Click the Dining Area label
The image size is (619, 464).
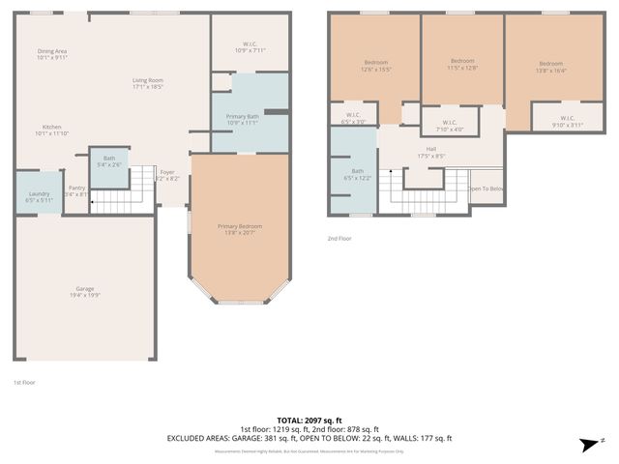click(x=52, y=54)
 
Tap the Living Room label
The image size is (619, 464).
click(x=148, y=83)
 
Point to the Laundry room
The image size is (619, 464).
click(x=40, y=196)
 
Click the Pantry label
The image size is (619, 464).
click(x=76, y=190)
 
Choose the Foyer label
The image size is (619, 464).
click(x=167, y=175)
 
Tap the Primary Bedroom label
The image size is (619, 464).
click(x=240, y=228)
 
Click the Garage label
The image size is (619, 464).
click(x=85, y=292)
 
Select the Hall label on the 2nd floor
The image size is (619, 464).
click(x=431, y=152)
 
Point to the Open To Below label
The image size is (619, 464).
click(x=486, y=188)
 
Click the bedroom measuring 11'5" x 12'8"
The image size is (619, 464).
click(x=463, y=64)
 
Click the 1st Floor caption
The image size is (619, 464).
click(x=24, y=383)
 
